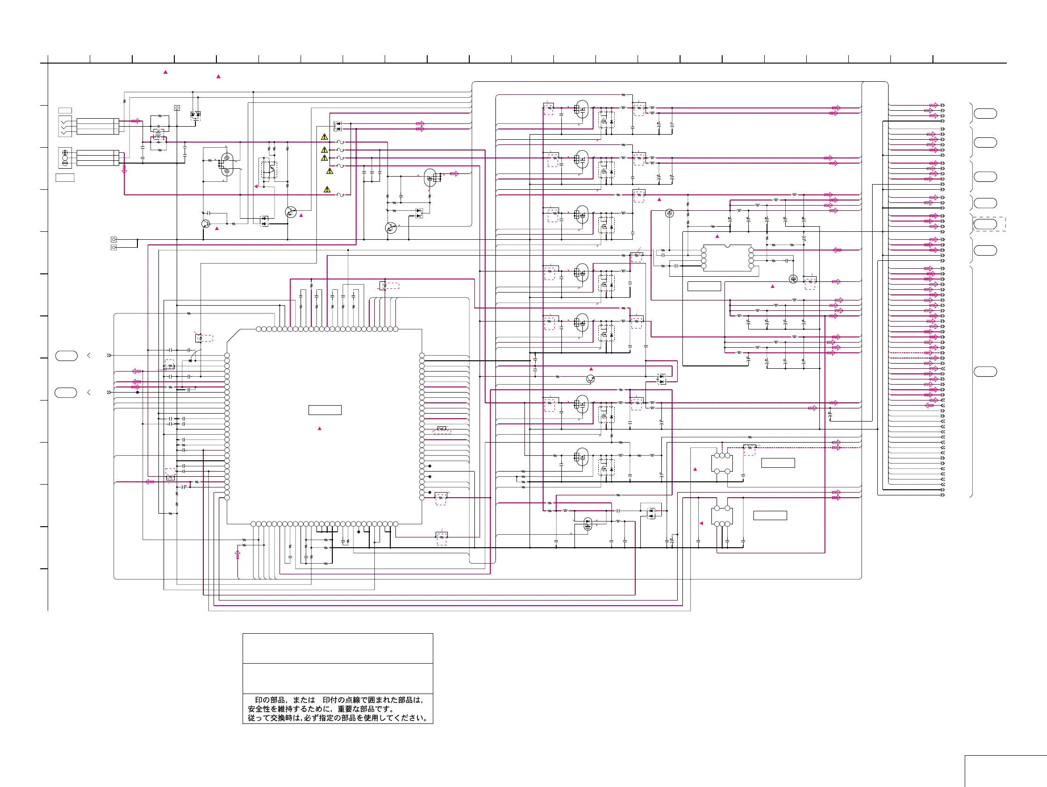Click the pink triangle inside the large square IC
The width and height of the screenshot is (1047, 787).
(320, 428)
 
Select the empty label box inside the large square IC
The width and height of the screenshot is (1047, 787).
(325, 410)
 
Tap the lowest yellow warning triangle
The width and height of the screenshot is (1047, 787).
(327, 190)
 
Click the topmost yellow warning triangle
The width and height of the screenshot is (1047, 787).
(324, 137)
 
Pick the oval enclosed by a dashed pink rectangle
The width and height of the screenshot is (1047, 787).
(985, 224)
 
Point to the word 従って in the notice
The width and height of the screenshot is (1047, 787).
(258, 718)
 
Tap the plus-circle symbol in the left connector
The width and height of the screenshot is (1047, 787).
(65, 153)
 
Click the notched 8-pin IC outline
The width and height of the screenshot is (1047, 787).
(727, 258)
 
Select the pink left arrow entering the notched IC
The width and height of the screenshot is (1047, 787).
(837, 250)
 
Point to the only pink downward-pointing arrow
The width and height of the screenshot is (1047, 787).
(124, 169)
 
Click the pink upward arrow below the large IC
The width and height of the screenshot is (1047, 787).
(237, 554)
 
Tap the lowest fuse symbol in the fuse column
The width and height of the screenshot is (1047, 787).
(340, 194)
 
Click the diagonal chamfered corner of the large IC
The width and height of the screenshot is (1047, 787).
(234, 336)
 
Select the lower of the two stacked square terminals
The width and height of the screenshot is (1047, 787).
(114, 248)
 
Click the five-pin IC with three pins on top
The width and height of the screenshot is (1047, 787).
(722, 463)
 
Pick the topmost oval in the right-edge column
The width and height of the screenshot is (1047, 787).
(985, 114)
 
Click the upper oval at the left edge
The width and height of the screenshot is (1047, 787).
(66, 355)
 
